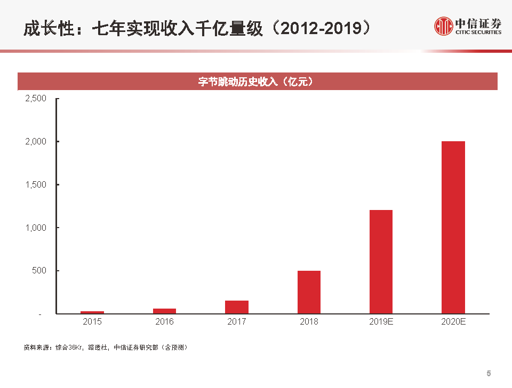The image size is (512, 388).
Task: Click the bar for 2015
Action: tap(92, 312)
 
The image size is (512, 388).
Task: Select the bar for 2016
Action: tap(164, 311)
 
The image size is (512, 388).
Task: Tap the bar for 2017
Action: tap(237, 307)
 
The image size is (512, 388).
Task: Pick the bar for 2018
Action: tap(309, 292)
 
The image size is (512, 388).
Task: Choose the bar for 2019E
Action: tap(381, 262)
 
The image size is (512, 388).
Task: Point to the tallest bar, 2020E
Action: tap(453, 227)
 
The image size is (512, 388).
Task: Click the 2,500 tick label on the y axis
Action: tap(36, 99)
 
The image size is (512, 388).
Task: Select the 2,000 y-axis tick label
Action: tap(36, 142)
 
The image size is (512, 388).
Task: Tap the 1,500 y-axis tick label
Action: tap(36, 184)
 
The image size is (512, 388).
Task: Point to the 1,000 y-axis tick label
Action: tap(36, 228)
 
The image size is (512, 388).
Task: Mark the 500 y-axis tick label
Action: tap(40, 271)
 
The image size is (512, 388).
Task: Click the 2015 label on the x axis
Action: tap(92, 322)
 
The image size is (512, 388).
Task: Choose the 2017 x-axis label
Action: tap(237, 322)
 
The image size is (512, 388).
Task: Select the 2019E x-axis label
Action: tap(381, 322)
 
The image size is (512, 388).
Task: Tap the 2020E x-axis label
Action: tap(453, 322)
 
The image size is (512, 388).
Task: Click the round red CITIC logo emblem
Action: tap(443, 26)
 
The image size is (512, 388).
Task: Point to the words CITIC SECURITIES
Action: tap(478, 33)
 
